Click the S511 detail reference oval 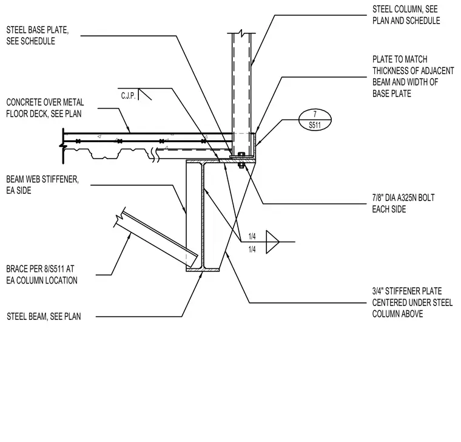(315, 120)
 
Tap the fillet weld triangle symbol (272, 242)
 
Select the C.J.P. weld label (128, 96)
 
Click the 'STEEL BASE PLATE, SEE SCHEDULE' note (38, 35)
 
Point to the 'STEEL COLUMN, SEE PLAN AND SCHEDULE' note (406, 15)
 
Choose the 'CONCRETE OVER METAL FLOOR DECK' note (45, 108)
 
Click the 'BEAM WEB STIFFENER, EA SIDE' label (42, 185)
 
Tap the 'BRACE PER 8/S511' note (42, 274)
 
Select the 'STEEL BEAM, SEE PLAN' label (44, 317)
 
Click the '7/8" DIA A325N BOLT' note (403, 203)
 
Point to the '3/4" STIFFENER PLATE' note (412, 302)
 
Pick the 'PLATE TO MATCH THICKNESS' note (413, 76)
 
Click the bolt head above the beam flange (241, 154)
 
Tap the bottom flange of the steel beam (203, 270)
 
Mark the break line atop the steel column (241, 32)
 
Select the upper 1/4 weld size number (252, 236)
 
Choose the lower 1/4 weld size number (252, 250)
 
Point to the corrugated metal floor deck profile (112, 154)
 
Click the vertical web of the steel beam (203, 216)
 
